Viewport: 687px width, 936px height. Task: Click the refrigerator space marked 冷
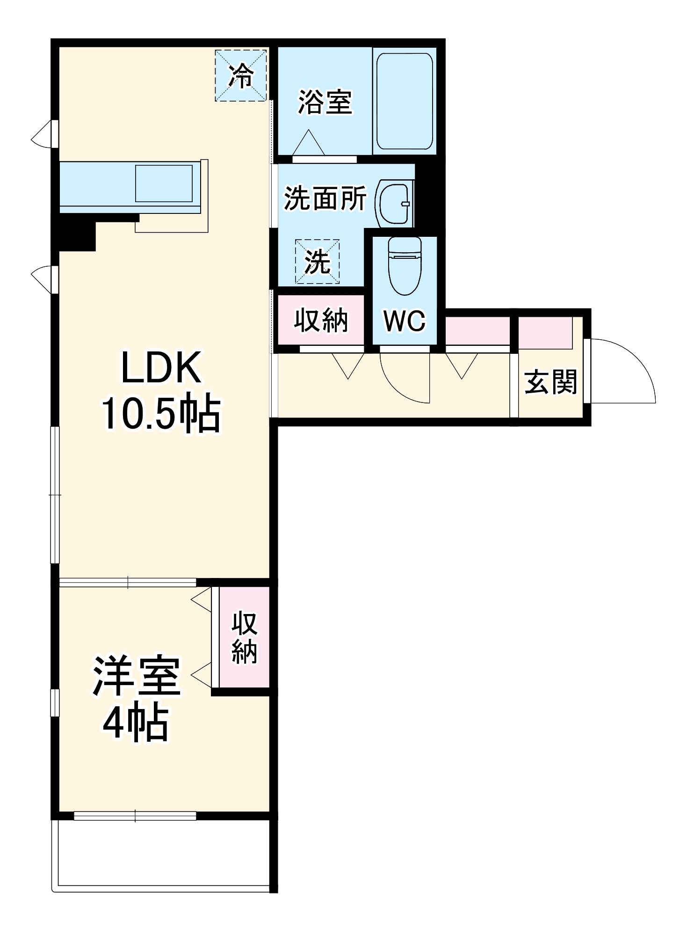[x=241, y=75]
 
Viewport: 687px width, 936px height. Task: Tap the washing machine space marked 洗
[x=317, y=262]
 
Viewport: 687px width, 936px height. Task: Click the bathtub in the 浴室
[x=405, y=101]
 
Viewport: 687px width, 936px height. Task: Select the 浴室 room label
[x=325, y=102]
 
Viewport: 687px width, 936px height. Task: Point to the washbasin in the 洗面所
[x=394, y=203]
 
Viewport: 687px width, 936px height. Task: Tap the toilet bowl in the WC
[x=405, y=265]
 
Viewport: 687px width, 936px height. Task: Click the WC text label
[x=405, y=321]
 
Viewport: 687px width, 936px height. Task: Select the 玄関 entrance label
[x=550, y=382]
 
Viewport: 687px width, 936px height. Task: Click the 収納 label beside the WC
[x=321, y=321]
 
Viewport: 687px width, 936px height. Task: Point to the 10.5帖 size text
[x=160, y=413]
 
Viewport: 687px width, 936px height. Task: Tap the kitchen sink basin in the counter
[x=164, y=183]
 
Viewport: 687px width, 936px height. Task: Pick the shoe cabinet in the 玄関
[x=545, y=333]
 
